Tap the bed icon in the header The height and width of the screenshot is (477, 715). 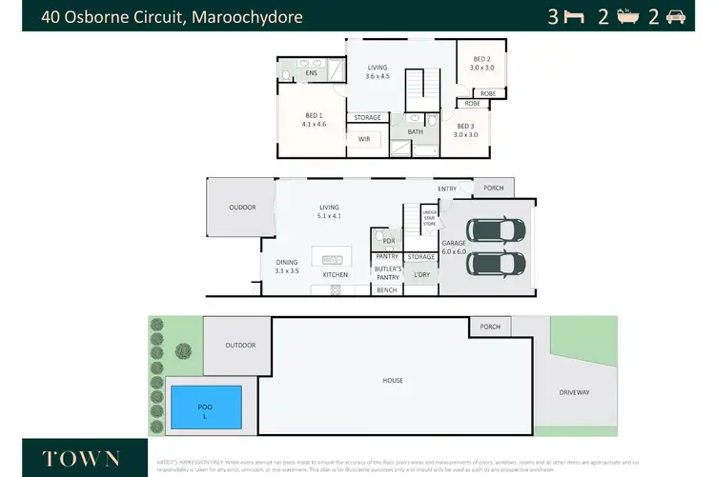pos(573,16)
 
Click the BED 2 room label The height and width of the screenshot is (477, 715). pos(480,63)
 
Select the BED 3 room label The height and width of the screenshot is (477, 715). pos(464,130)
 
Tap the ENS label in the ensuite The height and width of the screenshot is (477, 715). pos(311,73)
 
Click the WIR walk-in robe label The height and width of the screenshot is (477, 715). pos(363,139)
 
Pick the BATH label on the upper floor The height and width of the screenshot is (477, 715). pos(415,132)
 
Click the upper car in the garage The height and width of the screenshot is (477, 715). pos(494,231)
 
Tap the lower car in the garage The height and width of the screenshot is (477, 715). pos(494,263)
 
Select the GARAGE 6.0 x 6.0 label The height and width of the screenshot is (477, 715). pos(453,248)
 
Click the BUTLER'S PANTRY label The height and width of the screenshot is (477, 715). pos(387,273)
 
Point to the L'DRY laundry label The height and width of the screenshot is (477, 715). pos(420,275)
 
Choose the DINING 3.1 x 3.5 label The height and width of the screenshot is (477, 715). pos(287,267)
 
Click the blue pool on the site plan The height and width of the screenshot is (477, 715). pos(204,407)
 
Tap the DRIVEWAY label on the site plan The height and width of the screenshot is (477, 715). pos(575,391)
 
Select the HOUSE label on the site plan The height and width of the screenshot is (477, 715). pos(393,380)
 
